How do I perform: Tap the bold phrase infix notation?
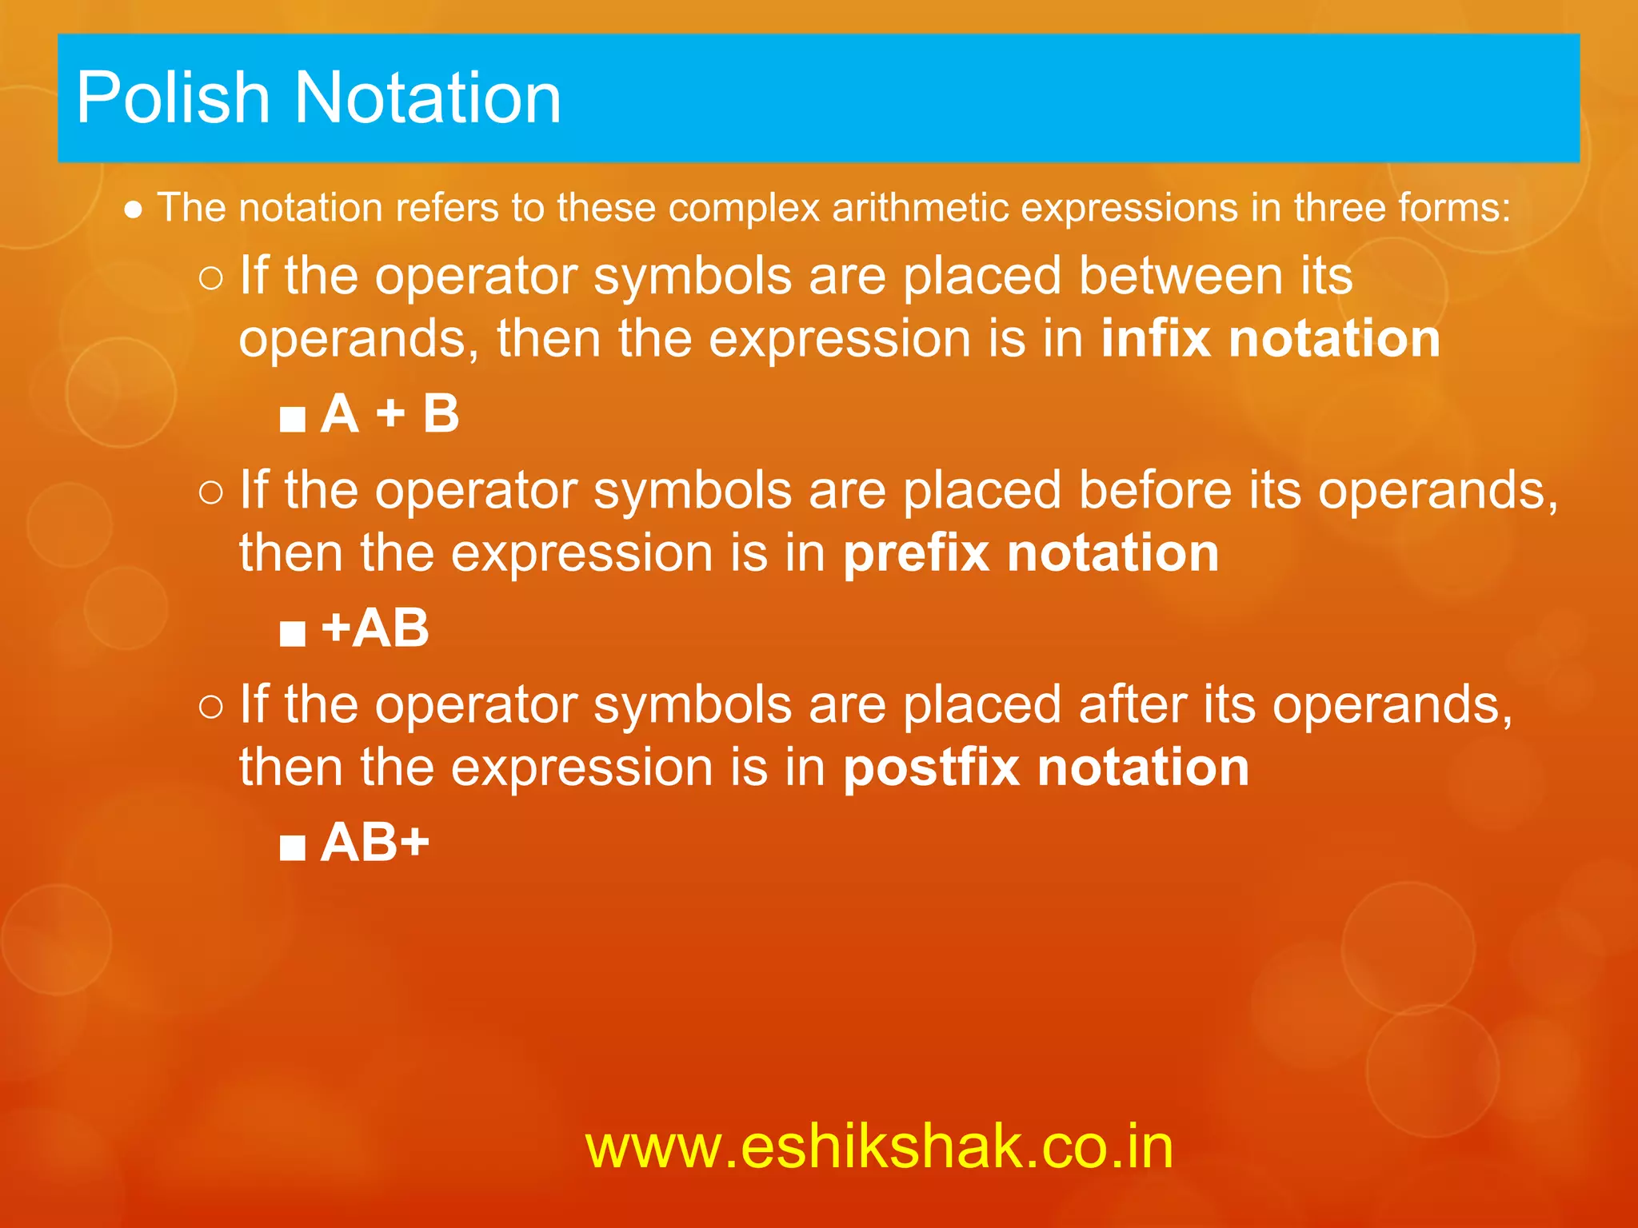[1270, 339]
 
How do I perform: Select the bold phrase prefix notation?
[1031, 553]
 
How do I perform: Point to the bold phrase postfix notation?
[1046, 767]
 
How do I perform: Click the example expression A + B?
[390, 414]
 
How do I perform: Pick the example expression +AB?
[374, 628]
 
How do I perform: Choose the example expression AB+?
[374, 843]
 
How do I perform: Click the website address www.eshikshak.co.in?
[879, 1146]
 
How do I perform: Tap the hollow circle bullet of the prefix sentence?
[211, 492]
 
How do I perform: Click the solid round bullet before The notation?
[134, 210]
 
